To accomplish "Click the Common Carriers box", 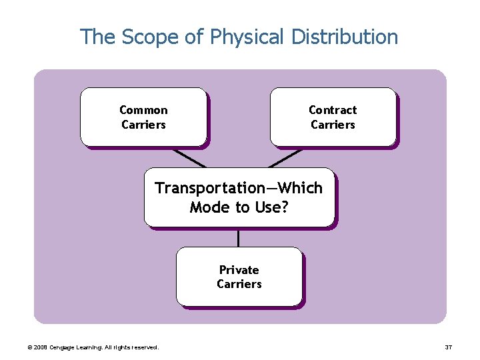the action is pos(143,117).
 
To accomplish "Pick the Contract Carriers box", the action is pos(333,117).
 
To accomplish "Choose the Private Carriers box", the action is pos(239,277).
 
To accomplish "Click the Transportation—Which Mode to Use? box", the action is pos(239,197).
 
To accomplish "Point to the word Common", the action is pos(143,110).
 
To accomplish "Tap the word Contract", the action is pos(333,110).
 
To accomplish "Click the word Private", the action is pos(239,270).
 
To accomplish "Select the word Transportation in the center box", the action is pos(210,188).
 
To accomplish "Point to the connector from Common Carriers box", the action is pos(189,157).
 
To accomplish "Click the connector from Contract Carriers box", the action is pos(285,157).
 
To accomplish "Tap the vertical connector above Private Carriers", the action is pos(239,237).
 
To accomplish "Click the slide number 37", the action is pos(449,347).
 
